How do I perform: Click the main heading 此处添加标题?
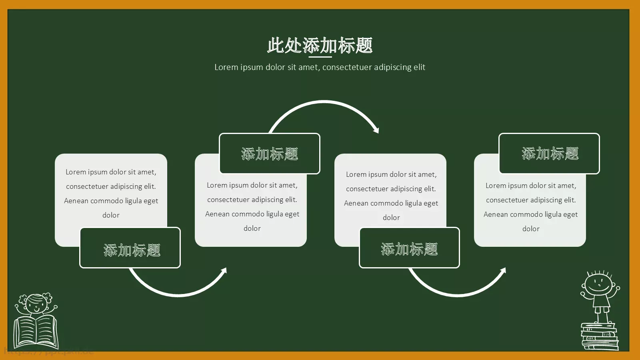tap(320, 45)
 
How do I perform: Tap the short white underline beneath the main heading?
tap(320, 57)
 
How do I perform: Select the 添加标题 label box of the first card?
tap(130, 248)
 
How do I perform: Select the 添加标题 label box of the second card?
tap(270, 154)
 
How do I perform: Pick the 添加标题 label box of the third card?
tap(409, 248)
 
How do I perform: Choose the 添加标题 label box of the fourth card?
tap(549, 154)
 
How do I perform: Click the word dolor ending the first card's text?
tap(111, 215)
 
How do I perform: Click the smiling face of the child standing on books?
tap(598, 284)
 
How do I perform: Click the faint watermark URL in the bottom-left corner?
tap(48, 352)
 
